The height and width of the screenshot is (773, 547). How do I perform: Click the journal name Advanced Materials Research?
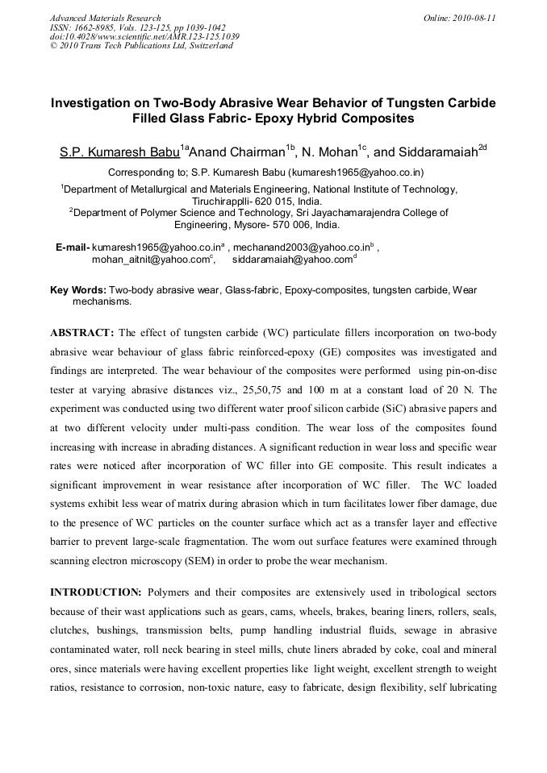click(105, 18)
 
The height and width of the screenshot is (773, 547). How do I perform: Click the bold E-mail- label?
click(73, 247)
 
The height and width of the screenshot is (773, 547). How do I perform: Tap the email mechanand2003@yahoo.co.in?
click(300, 247)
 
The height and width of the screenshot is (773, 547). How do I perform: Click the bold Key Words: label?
click(78, 289)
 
